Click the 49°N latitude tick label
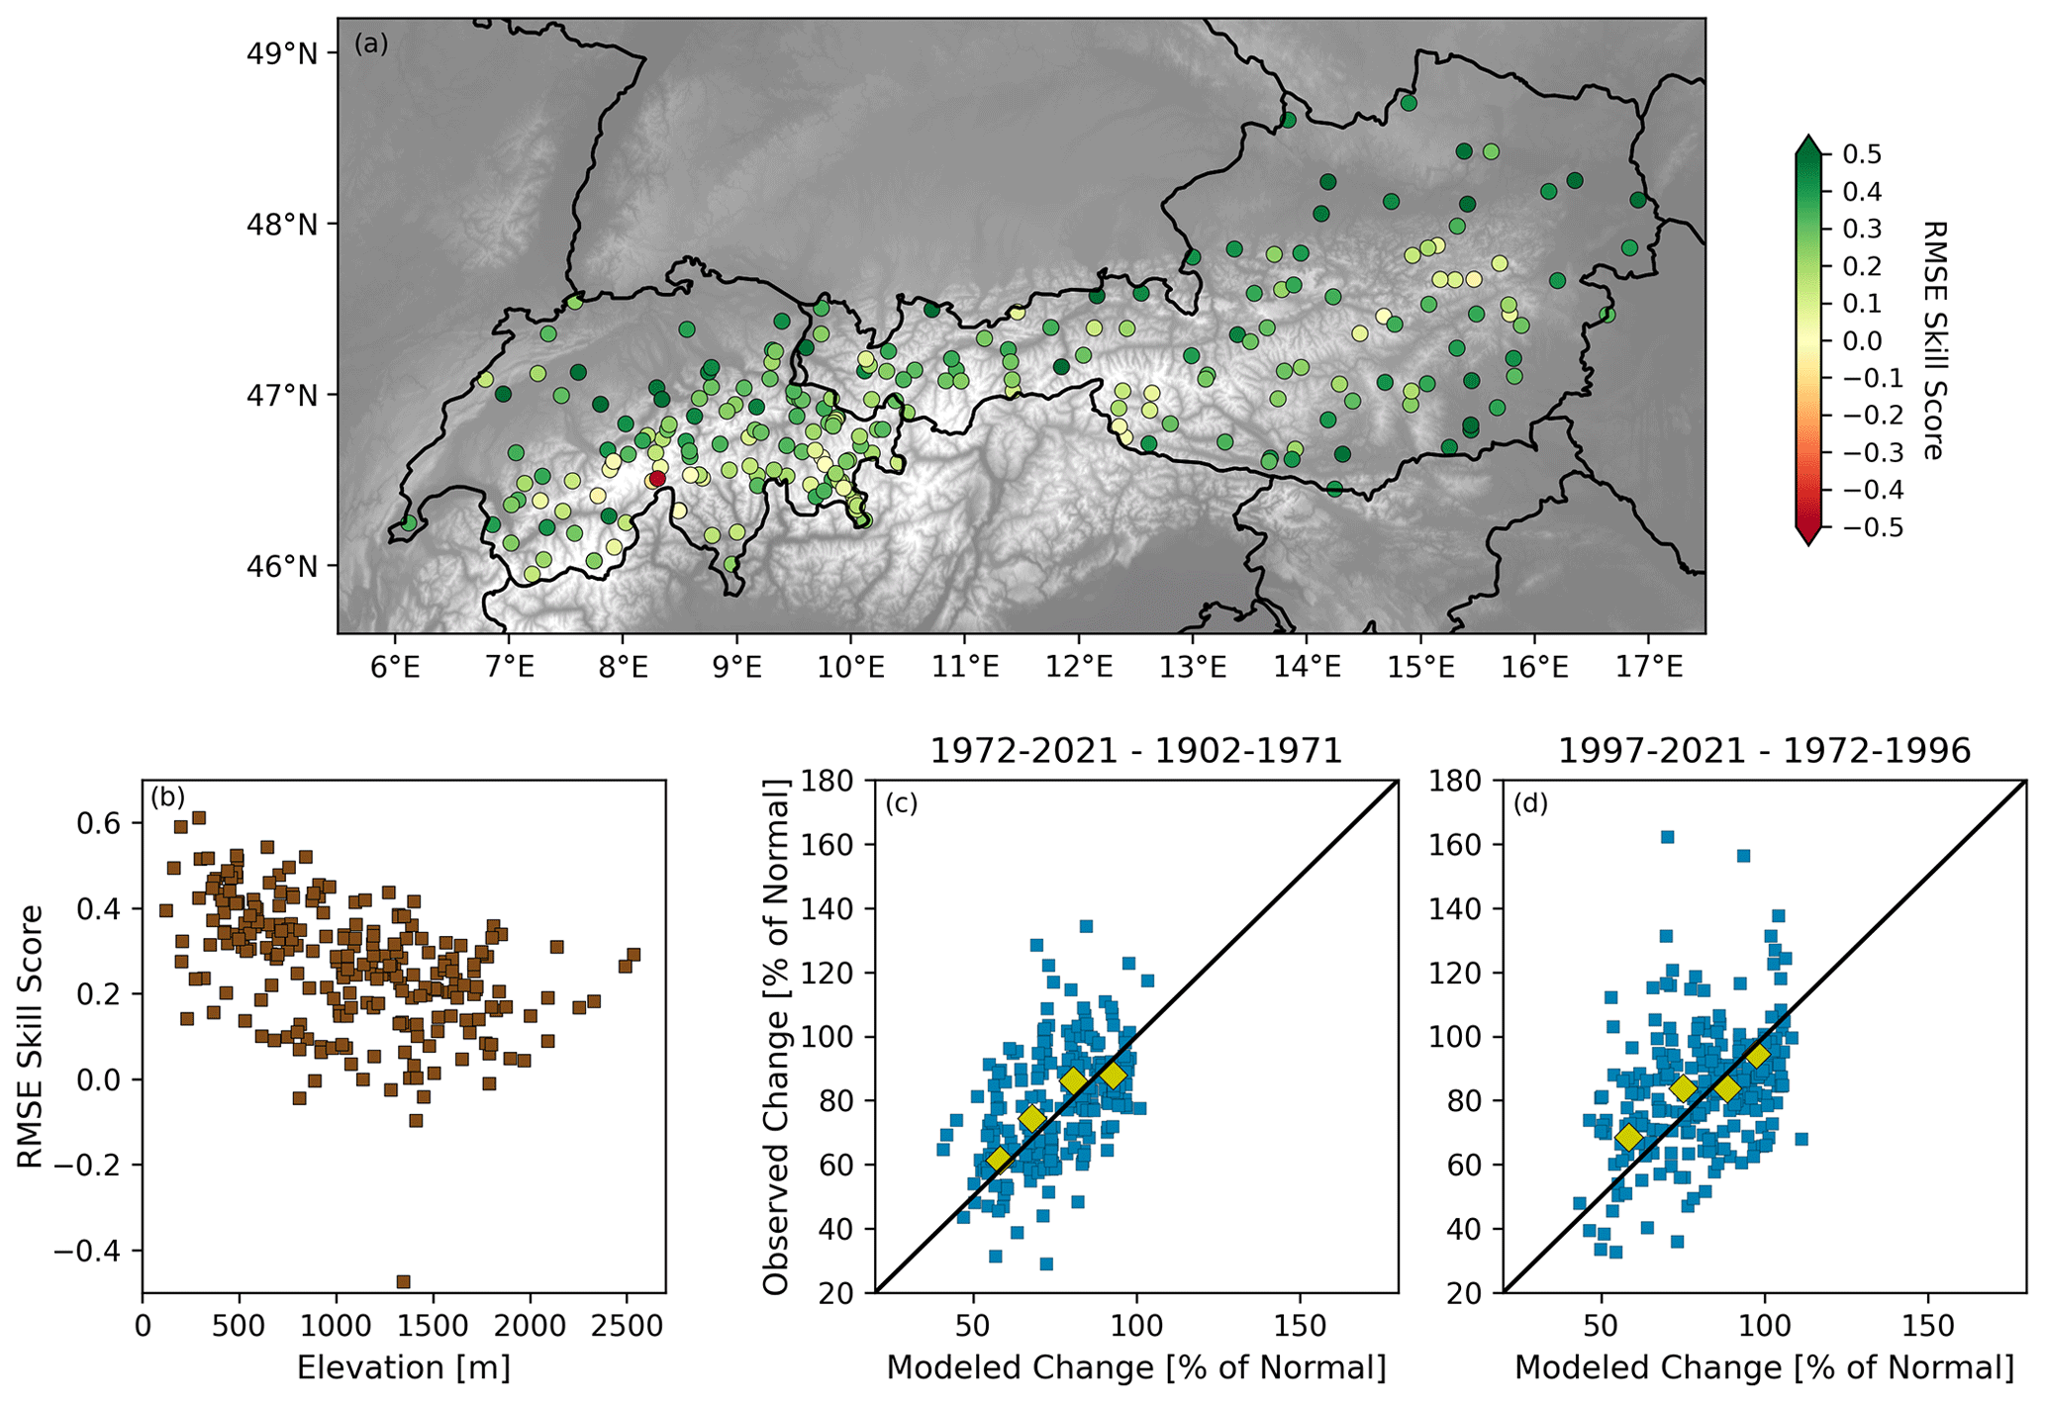click(281, 52)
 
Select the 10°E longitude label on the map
click(850, 667)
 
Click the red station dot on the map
click(657, 480)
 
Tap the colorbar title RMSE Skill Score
click(1931, 340)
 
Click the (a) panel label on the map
click(371, 45)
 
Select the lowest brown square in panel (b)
click(403, 1281)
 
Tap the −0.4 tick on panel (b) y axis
click(95, 1251)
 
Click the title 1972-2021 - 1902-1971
click(1135, 751)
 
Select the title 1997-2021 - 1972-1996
click(1764, 751)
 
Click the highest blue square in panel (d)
click(1667, 837)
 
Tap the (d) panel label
click(1530, 804)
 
